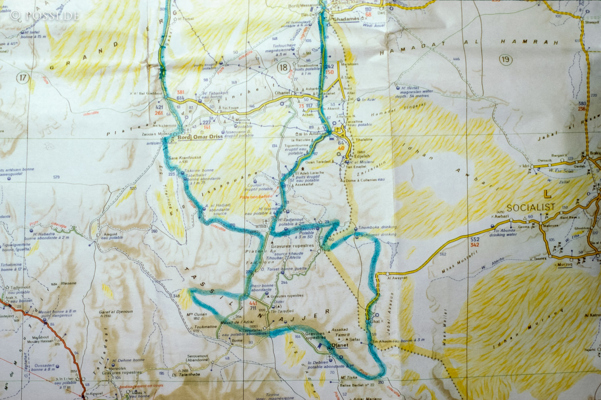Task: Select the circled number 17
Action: point(23,78)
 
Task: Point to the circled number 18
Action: point(284,68)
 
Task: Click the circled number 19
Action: point(506,60)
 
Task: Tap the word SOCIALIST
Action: point(531,207)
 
